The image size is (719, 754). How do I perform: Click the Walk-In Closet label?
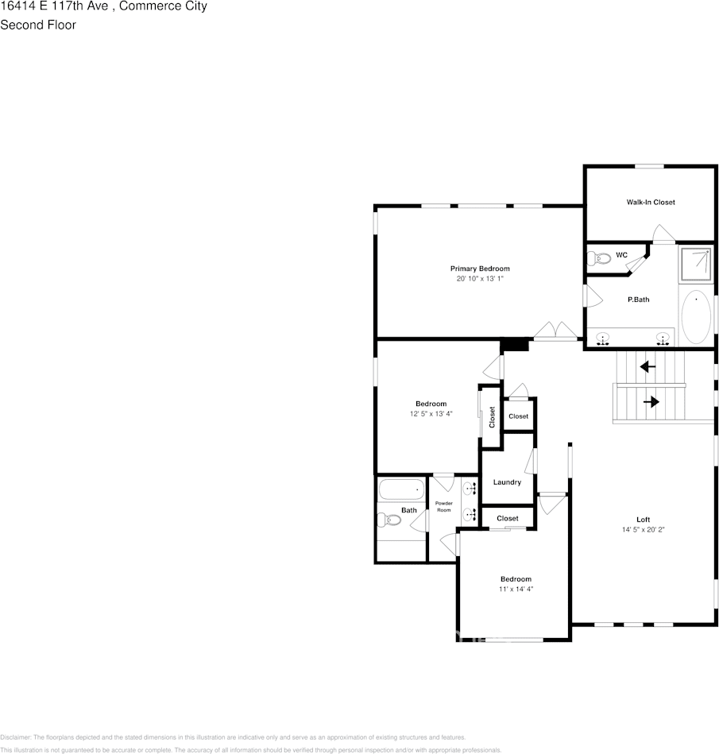tap(650, 203)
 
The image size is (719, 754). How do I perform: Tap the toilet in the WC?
tap(598, 257)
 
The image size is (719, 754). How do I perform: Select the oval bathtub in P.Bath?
tap(696, 317)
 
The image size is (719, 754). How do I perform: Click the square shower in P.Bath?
tap(695, 265)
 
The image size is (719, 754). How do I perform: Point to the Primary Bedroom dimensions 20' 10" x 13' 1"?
tap(480, 280)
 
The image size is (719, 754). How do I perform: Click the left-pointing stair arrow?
tap(647, 367)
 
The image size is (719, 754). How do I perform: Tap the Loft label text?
tap(644, 520)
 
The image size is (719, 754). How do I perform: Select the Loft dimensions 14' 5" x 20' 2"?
tap(644, 530)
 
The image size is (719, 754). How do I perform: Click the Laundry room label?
tap(507, 482)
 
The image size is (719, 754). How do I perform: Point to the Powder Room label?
tap(443, 506)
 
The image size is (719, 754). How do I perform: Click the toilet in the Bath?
tap(388, 520)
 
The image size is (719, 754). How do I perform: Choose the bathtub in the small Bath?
tap(401, 489)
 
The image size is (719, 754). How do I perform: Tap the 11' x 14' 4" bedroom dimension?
tap(516, 590)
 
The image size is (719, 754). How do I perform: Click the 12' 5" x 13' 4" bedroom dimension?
tap(431, 414)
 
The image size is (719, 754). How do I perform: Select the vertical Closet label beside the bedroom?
tap(493, 416)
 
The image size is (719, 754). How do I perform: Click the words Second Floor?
tap(38, 25)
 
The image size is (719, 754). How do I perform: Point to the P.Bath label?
tap(639, 300)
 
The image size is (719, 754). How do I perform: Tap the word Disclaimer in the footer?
tap(15, 737)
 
